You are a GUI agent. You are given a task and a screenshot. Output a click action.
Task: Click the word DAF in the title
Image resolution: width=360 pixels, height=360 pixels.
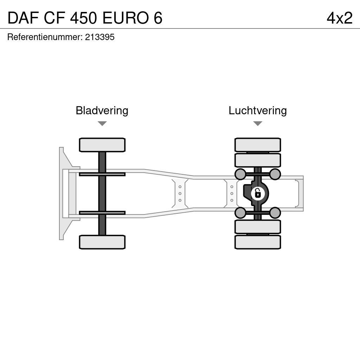[x=23, y=18]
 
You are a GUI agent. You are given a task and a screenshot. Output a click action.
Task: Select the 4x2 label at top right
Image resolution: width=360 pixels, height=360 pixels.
[x=339, y=18]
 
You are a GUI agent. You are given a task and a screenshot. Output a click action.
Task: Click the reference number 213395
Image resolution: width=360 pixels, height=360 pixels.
[x=100, y=37]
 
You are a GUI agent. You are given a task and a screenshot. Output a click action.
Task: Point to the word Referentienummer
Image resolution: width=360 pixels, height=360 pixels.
[x=45, y=37]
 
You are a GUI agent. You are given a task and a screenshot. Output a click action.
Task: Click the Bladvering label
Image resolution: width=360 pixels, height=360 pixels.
[x=102, y=110]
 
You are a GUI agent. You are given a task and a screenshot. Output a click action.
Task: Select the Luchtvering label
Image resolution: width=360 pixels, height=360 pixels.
[x=258, y=110]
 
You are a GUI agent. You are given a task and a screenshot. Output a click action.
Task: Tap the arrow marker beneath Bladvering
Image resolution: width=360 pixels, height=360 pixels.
[x=102, y=123]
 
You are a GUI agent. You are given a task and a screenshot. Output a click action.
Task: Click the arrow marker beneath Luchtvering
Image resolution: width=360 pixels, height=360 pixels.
[x=258, y=123]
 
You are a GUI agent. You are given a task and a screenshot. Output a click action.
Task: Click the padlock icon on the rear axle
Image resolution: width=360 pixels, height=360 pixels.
[x=258, y=193]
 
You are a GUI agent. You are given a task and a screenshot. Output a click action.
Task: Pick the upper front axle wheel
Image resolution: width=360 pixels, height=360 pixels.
[x=102, y=145]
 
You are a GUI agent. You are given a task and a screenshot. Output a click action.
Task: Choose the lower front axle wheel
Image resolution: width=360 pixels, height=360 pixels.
[x=102, y=242]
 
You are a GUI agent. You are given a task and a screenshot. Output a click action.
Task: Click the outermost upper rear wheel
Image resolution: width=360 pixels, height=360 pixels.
[x=258, y=145]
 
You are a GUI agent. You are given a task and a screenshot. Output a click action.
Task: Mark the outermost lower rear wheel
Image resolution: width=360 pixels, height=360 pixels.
[x=258, y=242]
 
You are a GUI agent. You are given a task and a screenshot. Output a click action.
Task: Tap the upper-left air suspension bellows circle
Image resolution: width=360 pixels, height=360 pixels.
[x=240, y=174]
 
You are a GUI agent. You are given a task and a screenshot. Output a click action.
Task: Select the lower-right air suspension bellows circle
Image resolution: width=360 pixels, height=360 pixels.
[x=275, y=213]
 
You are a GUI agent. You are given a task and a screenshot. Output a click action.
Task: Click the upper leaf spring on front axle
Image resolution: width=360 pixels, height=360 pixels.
[x=102, y=174]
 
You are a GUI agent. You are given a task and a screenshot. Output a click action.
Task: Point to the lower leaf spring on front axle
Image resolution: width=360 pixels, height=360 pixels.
[x=102, y=213]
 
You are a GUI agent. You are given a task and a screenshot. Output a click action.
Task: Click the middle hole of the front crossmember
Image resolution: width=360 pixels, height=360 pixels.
[x=180, y=193]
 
